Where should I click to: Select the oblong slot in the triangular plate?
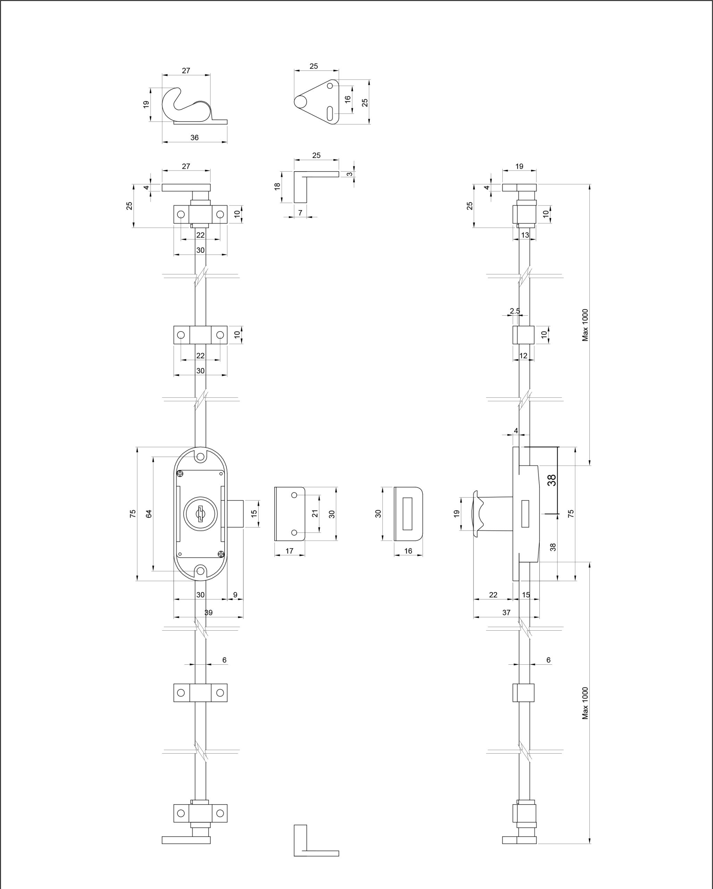pos(330,114)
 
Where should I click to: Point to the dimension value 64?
pos(149,513)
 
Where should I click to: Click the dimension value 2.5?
pos(515,311)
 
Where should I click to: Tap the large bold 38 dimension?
pos(552,480)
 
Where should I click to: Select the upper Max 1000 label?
pos(585,325)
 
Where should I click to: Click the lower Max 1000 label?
pos(585,704)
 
